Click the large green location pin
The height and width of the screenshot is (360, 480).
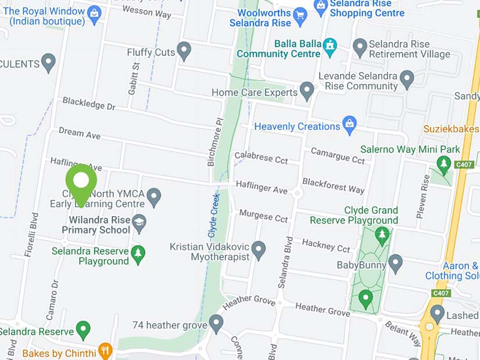click(81, 181)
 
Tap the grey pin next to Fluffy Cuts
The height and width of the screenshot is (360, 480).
click(184, 51)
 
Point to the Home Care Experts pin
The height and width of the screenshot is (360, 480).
click(306, 91)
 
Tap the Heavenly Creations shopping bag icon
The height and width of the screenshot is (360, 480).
click(349, 124)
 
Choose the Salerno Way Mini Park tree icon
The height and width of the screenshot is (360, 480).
click(444, 164)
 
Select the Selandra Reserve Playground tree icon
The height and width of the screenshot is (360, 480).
click(138, 254)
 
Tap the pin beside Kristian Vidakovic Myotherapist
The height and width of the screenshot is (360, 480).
click(259, 250)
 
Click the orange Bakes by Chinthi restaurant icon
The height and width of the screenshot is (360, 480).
click(105, 350)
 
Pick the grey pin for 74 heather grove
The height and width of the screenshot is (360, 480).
click(216, 323)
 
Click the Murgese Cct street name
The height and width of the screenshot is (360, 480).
click(263, 216)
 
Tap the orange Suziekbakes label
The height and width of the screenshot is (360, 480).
click(451, 129)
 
